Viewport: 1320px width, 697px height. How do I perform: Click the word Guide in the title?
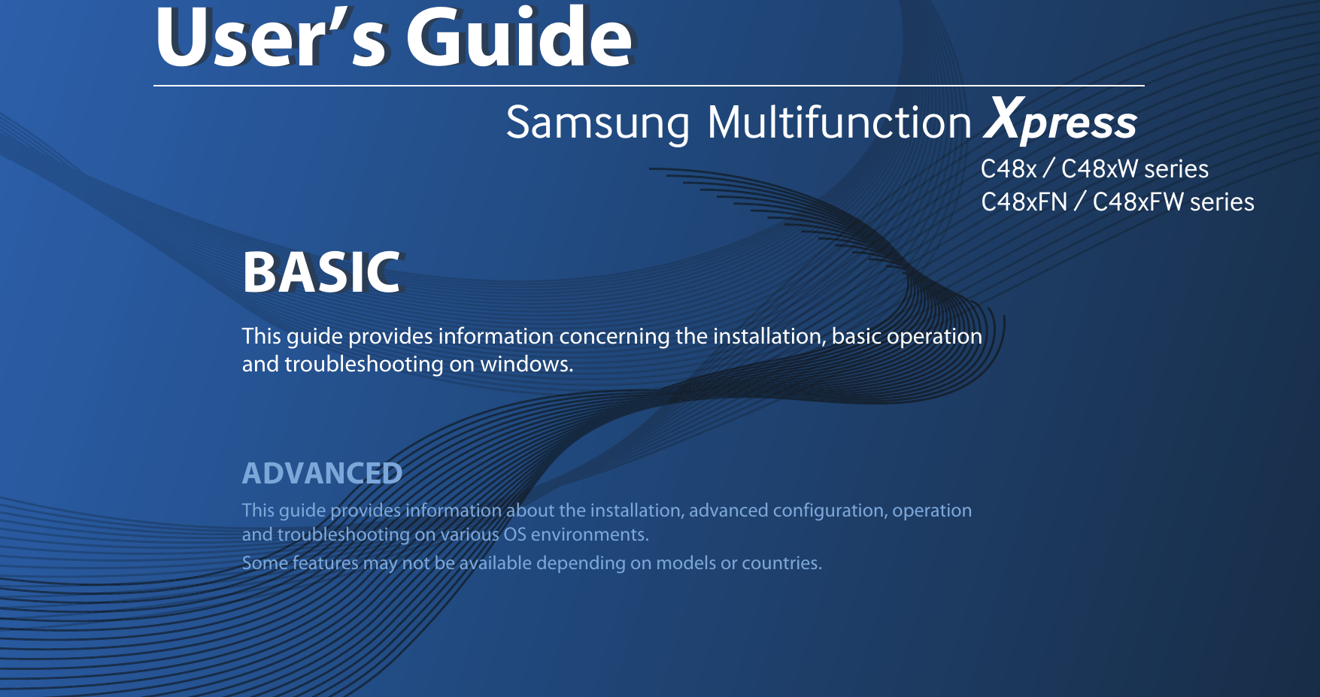tap(519, 38)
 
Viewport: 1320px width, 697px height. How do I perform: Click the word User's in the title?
tap(271, 38)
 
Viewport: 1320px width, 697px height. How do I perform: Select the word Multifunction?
tap(839, 123)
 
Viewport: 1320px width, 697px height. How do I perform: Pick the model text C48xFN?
tap(1024, 202)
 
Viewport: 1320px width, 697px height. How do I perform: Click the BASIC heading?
tap(322, 272)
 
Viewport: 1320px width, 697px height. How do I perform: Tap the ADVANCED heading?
tap(322, 474)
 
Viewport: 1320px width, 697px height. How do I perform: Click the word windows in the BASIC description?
tap(526, 365)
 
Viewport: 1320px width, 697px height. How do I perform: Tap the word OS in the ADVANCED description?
tap(515, 535)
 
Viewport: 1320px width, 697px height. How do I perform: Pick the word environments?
tap(590, 535)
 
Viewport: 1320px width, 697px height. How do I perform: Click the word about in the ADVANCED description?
tap(530, 511)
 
